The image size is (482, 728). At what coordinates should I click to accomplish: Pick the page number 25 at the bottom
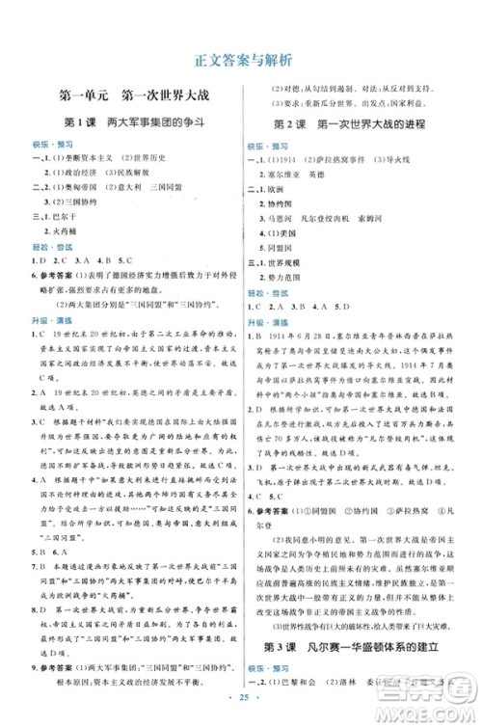241,715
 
